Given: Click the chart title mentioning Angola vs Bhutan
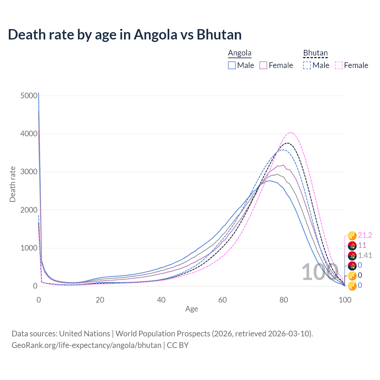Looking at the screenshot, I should pos(125,34).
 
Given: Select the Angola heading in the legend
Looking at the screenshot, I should pos(240,53).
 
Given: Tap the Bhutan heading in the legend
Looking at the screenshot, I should pos(315,53).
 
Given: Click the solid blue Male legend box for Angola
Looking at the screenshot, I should pos(232,65).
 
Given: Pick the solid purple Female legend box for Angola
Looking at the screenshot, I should pos(263,65).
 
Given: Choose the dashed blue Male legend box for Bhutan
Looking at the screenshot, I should pos(307,65).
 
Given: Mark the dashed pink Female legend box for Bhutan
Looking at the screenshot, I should pos(339,65).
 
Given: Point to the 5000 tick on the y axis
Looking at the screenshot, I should pos(29,96).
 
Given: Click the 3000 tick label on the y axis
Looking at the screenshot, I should pos(29,172).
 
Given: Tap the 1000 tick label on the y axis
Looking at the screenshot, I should pos(29,248).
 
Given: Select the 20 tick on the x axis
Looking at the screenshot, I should pos(100,300).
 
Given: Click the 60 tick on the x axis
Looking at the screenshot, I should pos(222,300).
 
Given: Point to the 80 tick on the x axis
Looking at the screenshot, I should pos(284,300).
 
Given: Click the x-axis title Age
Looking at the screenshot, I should pos(191,309).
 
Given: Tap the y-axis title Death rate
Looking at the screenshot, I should pos(12,184).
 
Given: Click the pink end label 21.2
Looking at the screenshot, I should pos(365,235).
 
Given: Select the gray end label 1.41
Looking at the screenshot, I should pos(365,255).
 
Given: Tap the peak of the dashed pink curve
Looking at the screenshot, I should pos(291,132).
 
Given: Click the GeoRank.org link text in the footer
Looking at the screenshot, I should pos(86,345).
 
